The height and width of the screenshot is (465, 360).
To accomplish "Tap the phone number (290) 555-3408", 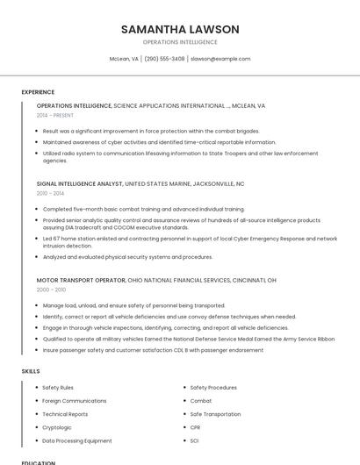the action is (x=164, y=59).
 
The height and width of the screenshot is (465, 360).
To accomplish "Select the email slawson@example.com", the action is (x=220, y=59).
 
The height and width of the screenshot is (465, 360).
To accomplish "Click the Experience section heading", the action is (x=38, y=92).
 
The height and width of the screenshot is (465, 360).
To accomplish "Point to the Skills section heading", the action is (x=31, y=371).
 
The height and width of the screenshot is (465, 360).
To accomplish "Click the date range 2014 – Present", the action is (x=55, y=115).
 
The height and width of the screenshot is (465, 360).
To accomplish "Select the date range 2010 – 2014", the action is (x=50, y=193).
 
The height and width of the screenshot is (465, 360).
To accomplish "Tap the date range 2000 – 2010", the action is (x=51, y=289).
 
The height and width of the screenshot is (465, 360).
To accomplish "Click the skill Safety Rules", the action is (x=58, y=387).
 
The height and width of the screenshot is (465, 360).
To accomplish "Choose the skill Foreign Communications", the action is (x=74, y=401).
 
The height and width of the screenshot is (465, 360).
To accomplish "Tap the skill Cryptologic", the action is (x=58, y=427).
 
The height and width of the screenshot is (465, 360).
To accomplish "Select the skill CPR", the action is (x=196, y=427).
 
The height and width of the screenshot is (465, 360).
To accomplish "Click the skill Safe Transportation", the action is (x=215, y=414).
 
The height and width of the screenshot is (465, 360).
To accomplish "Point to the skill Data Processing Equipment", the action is (x=76, y=440).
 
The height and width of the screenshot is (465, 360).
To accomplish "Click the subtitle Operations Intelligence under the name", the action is (x=180, y=42).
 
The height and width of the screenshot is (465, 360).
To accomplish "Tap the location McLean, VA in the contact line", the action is (x=124, y=59).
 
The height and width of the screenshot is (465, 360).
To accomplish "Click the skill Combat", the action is (x=201, y=401).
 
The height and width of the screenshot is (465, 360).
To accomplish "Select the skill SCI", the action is (x=195, y=440).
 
